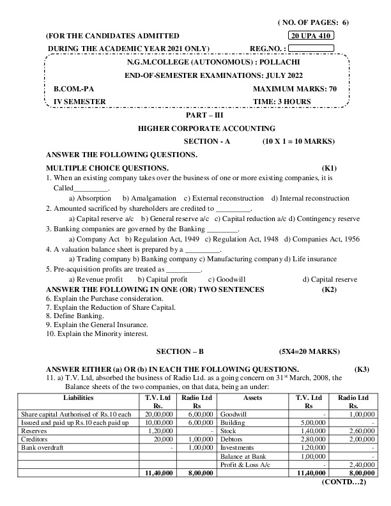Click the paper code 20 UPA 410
[x=312, y=35]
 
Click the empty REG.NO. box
[x=312, y=47]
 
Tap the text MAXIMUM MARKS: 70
[x=295, y=89]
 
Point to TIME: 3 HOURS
[x=282, y=101]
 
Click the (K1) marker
[x=332, y=167]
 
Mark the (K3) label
[x=362, y=369]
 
